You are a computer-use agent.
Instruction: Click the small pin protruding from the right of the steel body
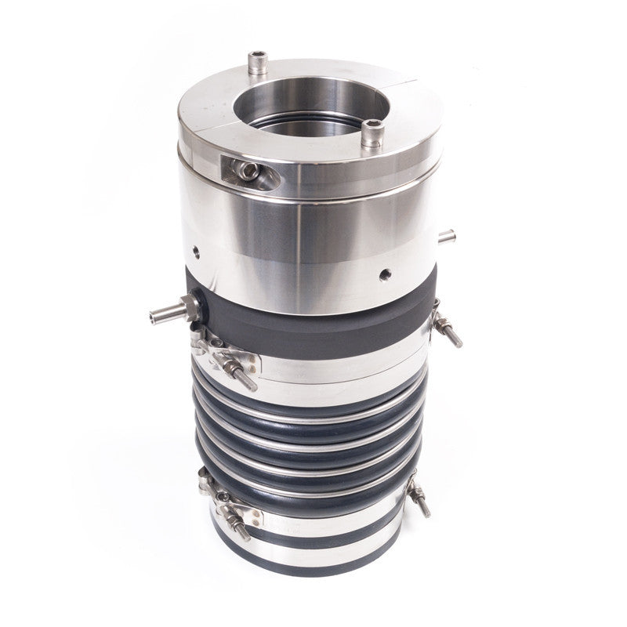tap(448, 233)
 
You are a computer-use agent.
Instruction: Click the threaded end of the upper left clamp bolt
tap(249, 384)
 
